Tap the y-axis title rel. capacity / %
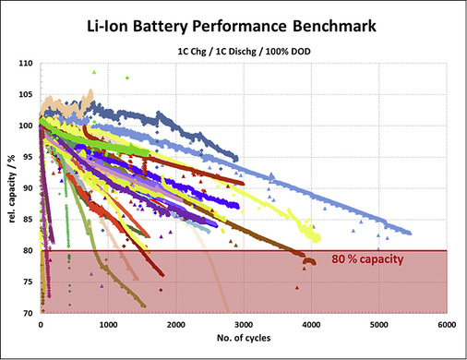(10, 188)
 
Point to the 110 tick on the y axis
(27, 64)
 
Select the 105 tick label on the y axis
(27, 95)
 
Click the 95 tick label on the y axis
(29, 157)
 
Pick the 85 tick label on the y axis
(29, 220)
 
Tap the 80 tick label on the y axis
(29, 251)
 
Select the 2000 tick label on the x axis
(176, 325)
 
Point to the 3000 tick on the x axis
(244, 325)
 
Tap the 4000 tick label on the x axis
(312, 325)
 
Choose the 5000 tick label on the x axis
(379, 325)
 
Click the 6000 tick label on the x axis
(447, 325)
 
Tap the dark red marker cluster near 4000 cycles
(308, 261)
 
